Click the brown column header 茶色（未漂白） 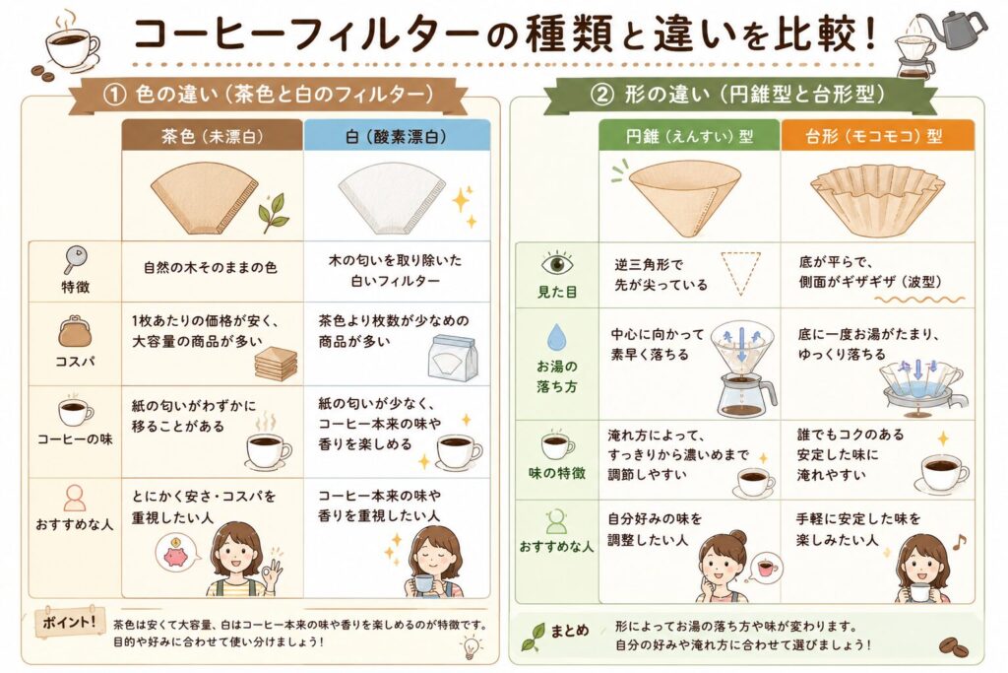[213, 136]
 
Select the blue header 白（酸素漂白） [397, 136]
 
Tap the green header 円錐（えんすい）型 [690, 136]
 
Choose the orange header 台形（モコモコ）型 [877, 136]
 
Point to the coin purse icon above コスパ [75, 332]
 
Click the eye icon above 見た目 [557, 264]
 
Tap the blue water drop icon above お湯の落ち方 [556, 337]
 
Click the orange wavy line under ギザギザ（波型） [920, 300]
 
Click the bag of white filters [453, 358]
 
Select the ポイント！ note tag [69, 622]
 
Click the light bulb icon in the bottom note [470, 646]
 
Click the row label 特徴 [75, 287]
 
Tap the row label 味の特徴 [557, 474]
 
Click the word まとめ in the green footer [570, 631]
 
